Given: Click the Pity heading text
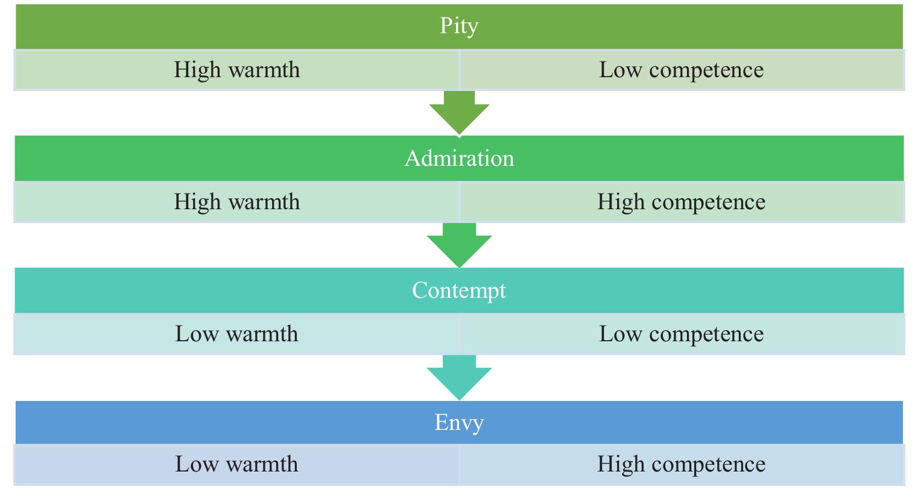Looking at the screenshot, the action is [459, 27].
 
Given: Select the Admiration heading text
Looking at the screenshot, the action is [459, 158].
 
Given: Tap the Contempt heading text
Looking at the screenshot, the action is [459, 291].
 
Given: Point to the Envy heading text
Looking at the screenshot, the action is [459, 423].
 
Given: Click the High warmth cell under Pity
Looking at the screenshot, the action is [236, 69].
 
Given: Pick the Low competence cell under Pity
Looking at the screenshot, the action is [682, 69].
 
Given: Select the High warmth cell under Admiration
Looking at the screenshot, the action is [236, 201].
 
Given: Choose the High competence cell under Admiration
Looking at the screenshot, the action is [682, 201].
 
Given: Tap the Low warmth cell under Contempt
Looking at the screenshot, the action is [236, 334].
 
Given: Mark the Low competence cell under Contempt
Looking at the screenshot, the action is [682, 334].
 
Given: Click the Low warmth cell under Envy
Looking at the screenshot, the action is [236, 464].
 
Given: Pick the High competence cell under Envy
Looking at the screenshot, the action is [682, 464].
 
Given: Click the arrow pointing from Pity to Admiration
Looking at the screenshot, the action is [459, 112].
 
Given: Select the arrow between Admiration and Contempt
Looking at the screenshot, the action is [459, 245].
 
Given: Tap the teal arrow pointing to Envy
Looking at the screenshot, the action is [459, 377].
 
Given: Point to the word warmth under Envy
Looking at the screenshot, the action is [262, 464].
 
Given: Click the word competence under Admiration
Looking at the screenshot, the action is [708, 203].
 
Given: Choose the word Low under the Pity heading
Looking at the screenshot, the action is [621, 69].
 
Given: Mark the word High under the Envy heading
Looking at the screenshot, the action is [621, 465].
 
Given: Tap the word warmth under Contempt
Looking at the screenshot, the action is [262, 334].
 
